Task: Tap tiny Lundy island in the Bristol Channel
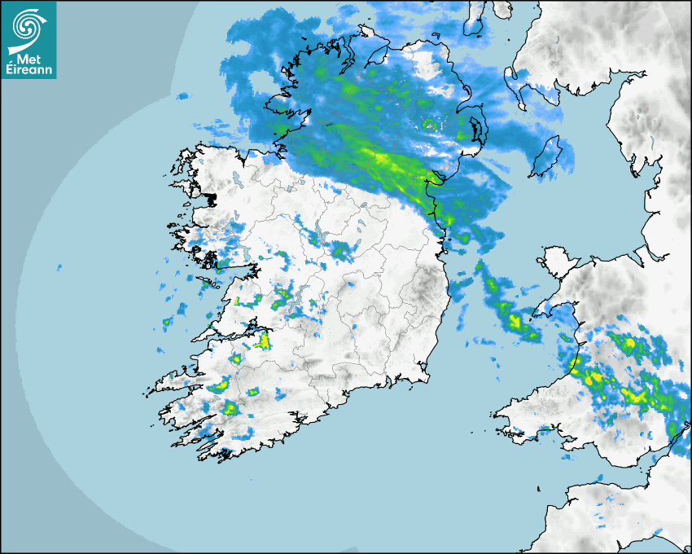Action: [539, 487]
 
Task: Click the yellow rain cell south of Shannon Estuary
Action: [262, 340]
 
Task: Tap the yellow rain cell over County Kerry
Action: [230, 407]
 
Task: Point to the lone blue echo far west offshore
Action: [59, 266]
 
